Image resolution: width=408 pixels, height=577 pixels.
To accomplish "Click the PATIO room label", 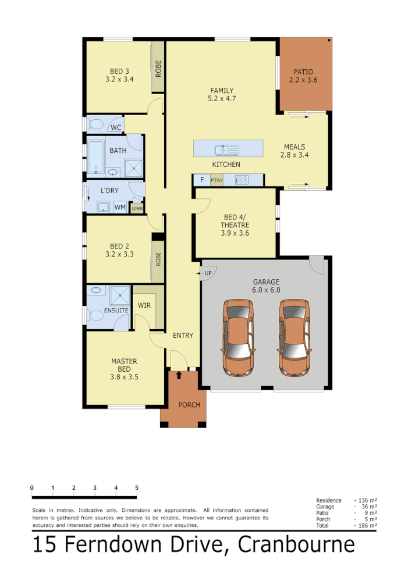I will click(x=303, y=72).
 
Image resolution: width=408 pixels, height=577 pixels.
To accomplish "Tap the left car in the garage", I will click(x=239, y=337).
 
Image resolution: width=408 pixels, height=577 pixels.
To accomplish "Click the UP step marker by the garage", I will click(x=208, y=273).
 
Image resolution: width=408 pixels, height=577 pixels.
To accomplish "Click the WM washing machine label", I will click(x=120, y=207).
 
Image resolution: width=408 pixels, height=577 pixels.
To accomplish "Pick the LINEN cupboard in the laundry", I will click(x=137, y=208).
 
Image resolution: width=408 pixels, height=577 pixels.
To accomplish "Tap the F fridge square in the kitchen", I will click(x=201, y=180).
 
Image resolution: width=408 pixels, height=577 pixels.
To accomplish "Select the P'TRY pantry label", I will click(x=217, y=180).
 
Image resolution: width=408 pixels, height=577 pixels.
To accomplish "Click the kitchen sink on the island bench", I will click(x=223, y=149).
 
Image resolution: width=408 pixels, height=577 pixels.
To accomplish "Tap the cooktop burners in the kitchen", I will click(x=242, y=180).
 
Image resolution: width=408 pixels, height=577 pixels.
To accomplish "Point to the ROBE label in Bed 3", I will click(x=158, y=69).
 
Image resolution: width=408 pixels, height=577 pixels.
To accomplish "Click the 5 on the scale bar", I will click(x=137, y=488).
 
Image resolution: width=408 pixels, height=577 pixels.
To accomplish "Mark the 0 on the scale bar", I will click(x=32, y=488).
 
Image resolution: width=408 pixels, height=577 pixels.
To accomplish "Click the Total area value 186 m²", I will click(x=365, y=526).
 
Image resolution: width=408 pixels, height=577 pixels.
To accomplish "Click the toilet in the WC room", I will click(x=95, y=124).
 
